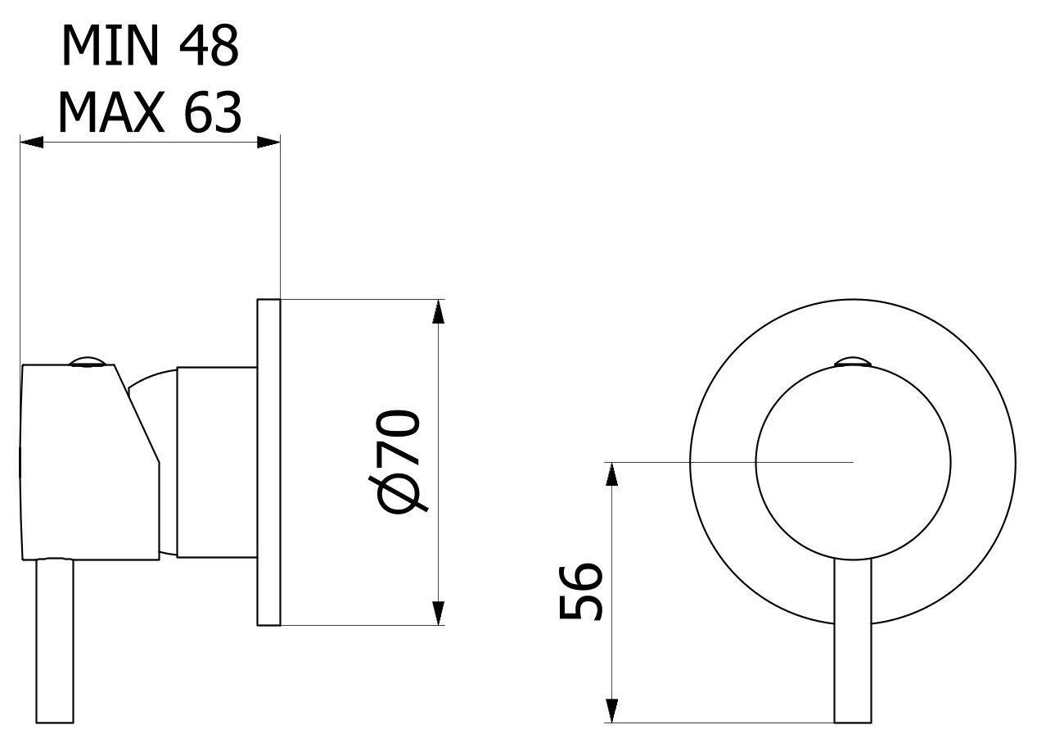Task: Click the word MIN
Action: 110,45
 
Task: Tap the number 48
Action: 209,45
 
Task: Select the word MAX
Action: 110,112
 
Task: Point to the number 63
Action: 213,112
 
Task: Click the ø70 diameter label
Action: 399,462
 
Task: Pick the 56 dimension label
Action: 580,592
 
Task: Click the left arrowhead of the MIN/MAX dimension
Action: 31,143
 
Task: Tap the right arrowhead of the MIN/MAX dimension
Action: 268,143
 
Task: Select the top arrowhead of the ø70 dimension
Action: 438,311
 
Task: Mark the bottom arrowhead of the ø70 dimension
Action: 438,614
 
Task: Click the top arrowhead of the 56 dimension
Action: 611,474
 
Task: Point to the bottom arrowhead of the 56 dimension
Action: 611,710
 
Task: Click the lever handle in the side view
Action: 55,641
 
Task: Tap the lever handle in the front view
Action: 853,641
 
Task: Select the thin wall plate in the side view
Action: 268,462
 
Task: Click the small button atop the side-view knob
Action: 88,361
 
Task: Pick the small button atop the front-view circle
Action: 853,362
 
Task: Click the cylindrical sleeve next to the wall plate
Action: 217,462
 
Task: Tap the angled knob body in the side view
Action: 89,462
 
